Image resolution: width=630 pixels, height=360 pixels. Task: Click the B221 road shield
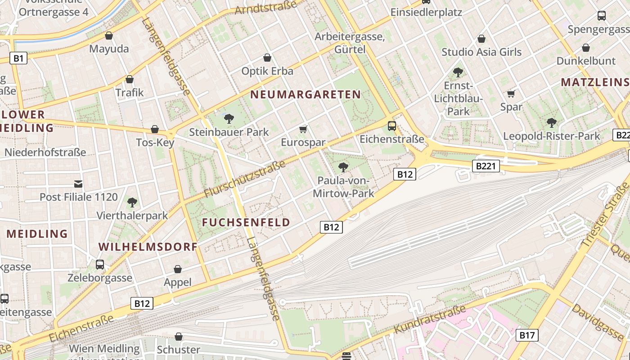click(x=486, y=166)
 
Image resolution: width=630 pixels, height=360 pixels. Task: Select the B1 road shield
click(x=18, y=58)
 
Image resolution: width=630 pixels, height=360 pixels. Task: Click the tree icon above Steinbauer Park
click(x=229, y=119)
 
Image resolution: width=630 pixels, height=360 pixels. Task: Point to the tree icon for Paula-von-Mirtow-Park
click(x=343, y=167)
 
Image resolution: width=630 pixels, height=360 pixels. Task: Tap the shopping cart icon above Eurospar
click(x=303, y=130)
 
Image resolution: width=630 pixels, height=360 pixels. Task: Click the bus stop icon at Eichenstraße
click(x=392, y=126)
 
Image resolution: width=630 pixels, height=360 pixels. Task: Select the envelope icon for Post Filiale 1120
click(x=79, y=184)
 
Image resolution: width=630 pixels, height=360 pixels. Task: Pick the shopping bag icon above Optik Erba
click(x=267, y=58)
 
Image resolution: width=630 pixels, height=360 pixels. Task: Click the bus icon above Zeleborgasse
click(x=100, y=264)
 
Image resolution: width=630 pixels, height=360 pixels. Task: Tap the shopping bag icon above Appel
click(x=178, y=269)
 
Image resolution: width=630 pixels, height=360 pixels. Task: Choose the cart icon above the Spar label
click(x=511, y=94)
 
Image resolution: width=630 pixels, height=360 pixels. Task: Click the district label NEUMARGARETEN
click(x=306, y=94)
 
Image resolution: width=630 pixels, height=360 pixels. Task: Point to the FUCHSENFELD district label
click(x=246, y=222)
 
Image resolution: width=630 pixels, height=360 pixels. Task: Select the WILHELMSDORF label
click(x=148, y=247)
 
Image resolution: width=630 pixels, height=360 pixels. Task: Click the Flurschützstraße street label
click(x=245, y=179)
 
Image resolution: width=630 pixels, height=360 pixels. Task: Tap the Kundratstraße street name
click(x=430, y=319)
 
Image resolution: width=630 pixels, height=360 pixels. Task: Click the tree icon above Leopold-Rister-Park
click(x=551, y=122)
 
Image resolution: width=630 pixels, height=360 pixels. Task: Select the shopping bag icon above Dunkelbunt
click(x=586, y=48)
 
